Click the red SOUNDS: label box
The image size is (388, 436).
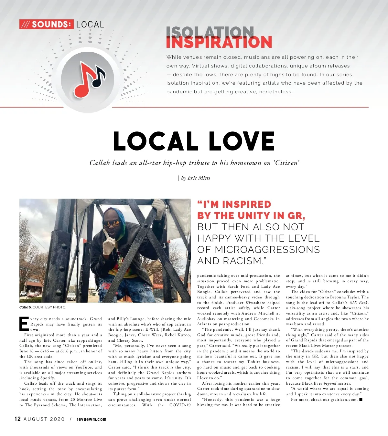[47, 24]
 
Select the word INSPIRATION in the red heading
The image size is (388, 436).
[219, 43]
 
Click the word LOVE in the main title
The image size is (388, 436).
[242, 141]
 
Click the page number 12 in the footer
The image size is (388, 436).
[18, 419]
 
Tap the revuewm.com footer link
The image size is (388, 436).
[92, 419]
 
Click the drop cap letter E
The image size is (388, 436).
[24, 324]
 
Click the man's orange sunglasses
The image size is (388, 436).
[111, 223]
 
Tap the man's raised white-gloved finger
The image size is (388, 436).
[106, 234]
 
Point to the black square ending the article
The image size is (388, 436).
[361, 400]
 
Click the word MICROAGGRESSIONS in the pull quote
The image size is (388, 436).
[267, 250]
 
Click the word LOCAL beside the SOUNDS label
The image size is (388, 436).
[90, 25]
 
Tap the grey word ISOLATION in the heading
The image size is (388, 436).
[210, 32]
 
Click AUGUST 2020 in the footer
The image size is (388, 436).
[44, 419]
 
